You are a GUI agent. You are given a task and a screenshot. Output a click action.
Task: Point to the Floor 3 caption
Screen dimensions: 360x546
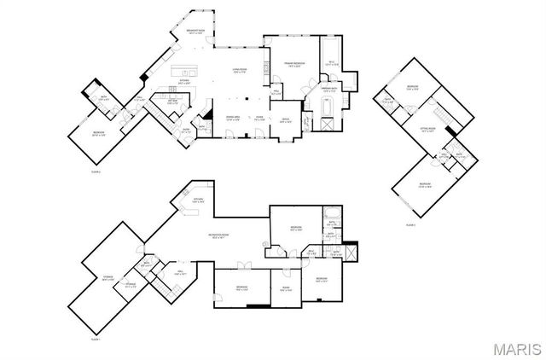coord(411,224)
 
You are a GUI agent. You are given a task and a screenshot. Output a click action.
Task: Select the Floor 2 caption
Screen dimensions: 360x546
coord(96,172)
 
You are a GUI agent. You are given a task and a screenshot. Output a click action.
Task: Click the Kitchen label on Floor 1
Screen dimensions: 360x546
coord(197,200)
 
